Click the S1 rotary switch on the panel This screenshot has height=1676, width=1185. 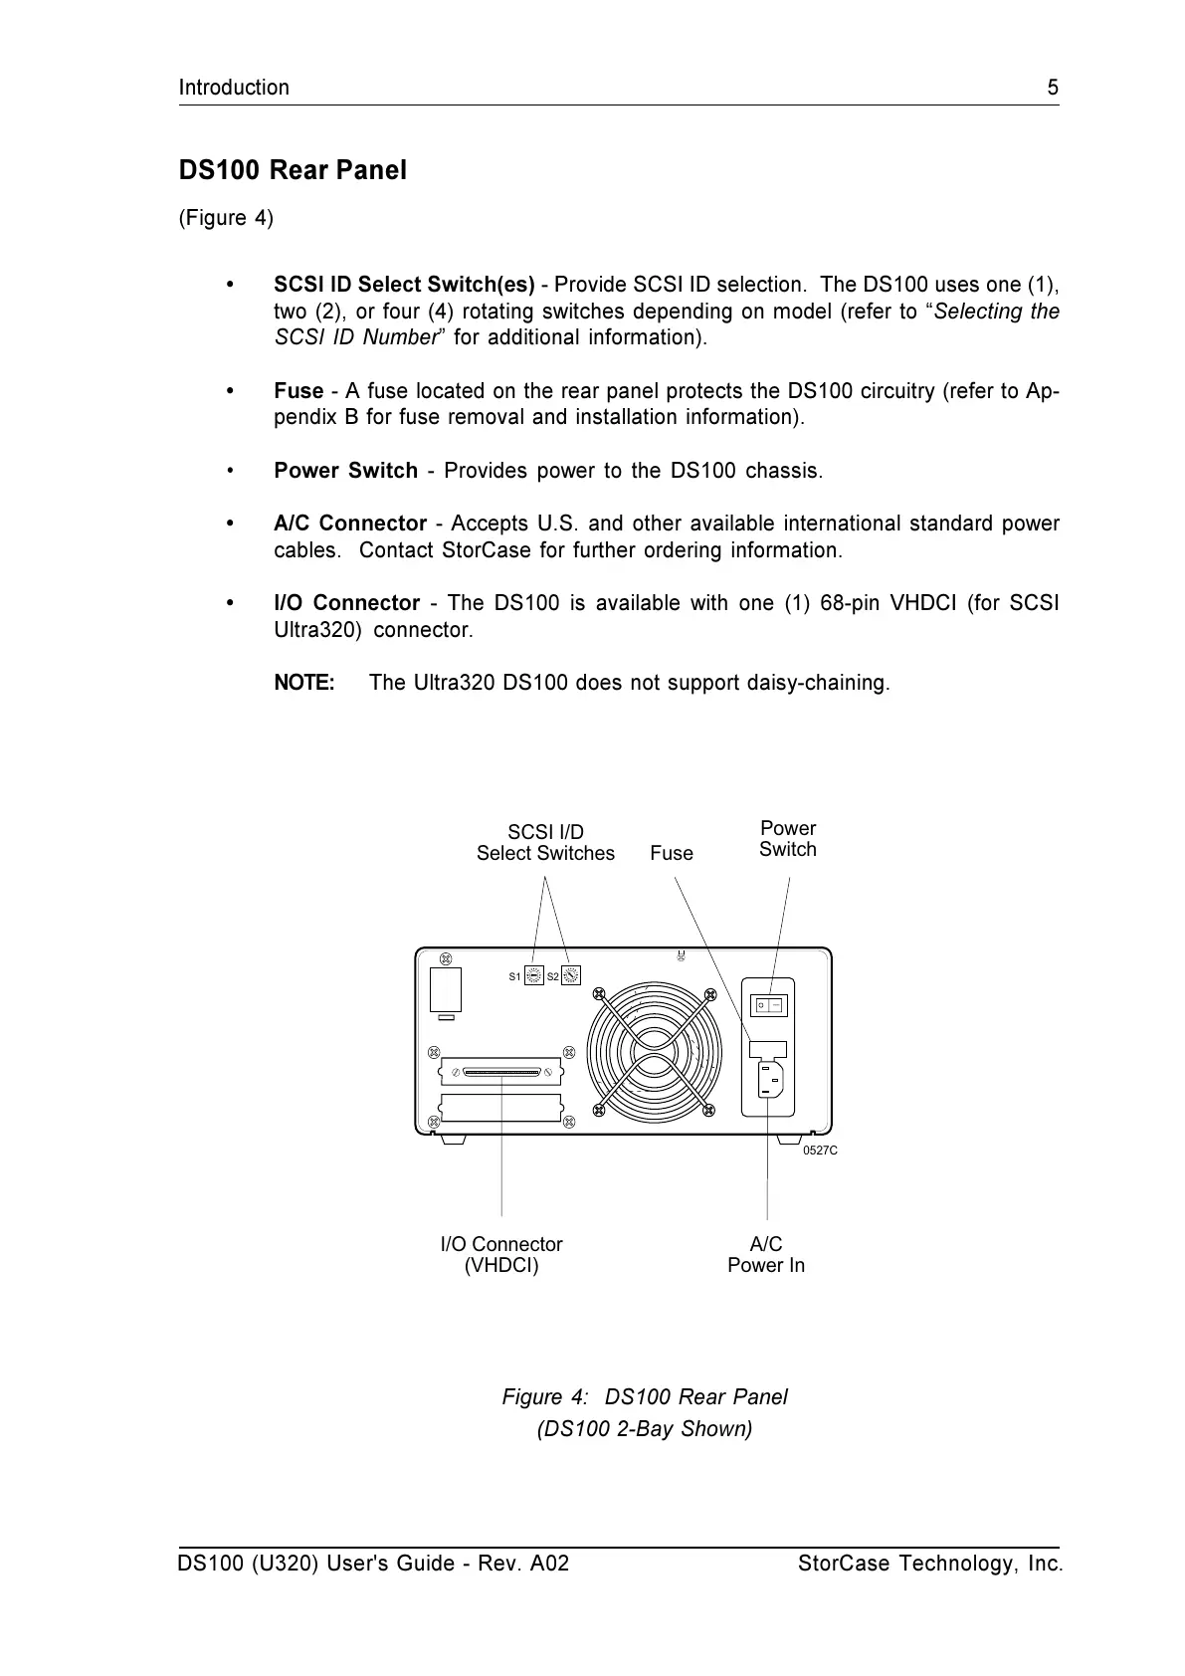[533, 976]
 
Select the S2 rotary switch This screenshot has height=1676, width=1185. [570, 976]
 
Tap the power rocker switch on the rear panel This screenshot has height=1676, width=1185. [769, 1005]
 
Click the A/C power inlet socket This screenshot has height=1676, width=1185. [770, 1079]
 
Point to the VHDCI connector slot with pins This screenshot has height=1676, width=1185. [501, 1073]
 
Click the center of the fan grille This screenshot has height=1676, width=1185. [654, 1051]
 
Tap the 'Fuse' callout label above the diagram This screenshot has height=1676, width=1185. [672, 853]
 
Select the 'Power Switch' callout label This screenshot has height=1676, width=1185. [787, 839]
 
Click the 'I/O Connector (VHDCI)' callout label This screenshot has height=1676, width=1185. [501, 1255]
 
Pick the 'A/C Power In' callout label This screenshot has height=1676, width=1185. [766, 1255]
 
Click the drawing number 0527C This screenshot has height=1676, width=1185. [820, 1151]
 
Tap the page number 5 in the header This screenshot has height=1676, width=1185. [1053, 88]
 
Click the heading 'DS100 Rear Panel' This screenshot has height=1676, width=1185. [293, 170]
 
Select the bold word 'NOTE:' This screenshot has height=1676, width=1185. [304, 683]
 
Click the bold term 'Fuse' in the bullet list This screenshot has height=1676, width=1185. [298, 391]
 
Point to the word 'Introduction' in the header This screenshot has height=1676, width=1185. [234, 88]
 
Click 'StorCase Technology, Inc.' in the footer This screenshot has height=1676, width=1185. [929, 1564]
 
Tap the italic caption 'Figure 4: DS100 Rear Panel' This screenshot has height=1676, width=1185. [645, 1397]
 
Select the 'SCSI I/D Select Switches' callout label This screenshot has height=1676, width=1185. [545, 843]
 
